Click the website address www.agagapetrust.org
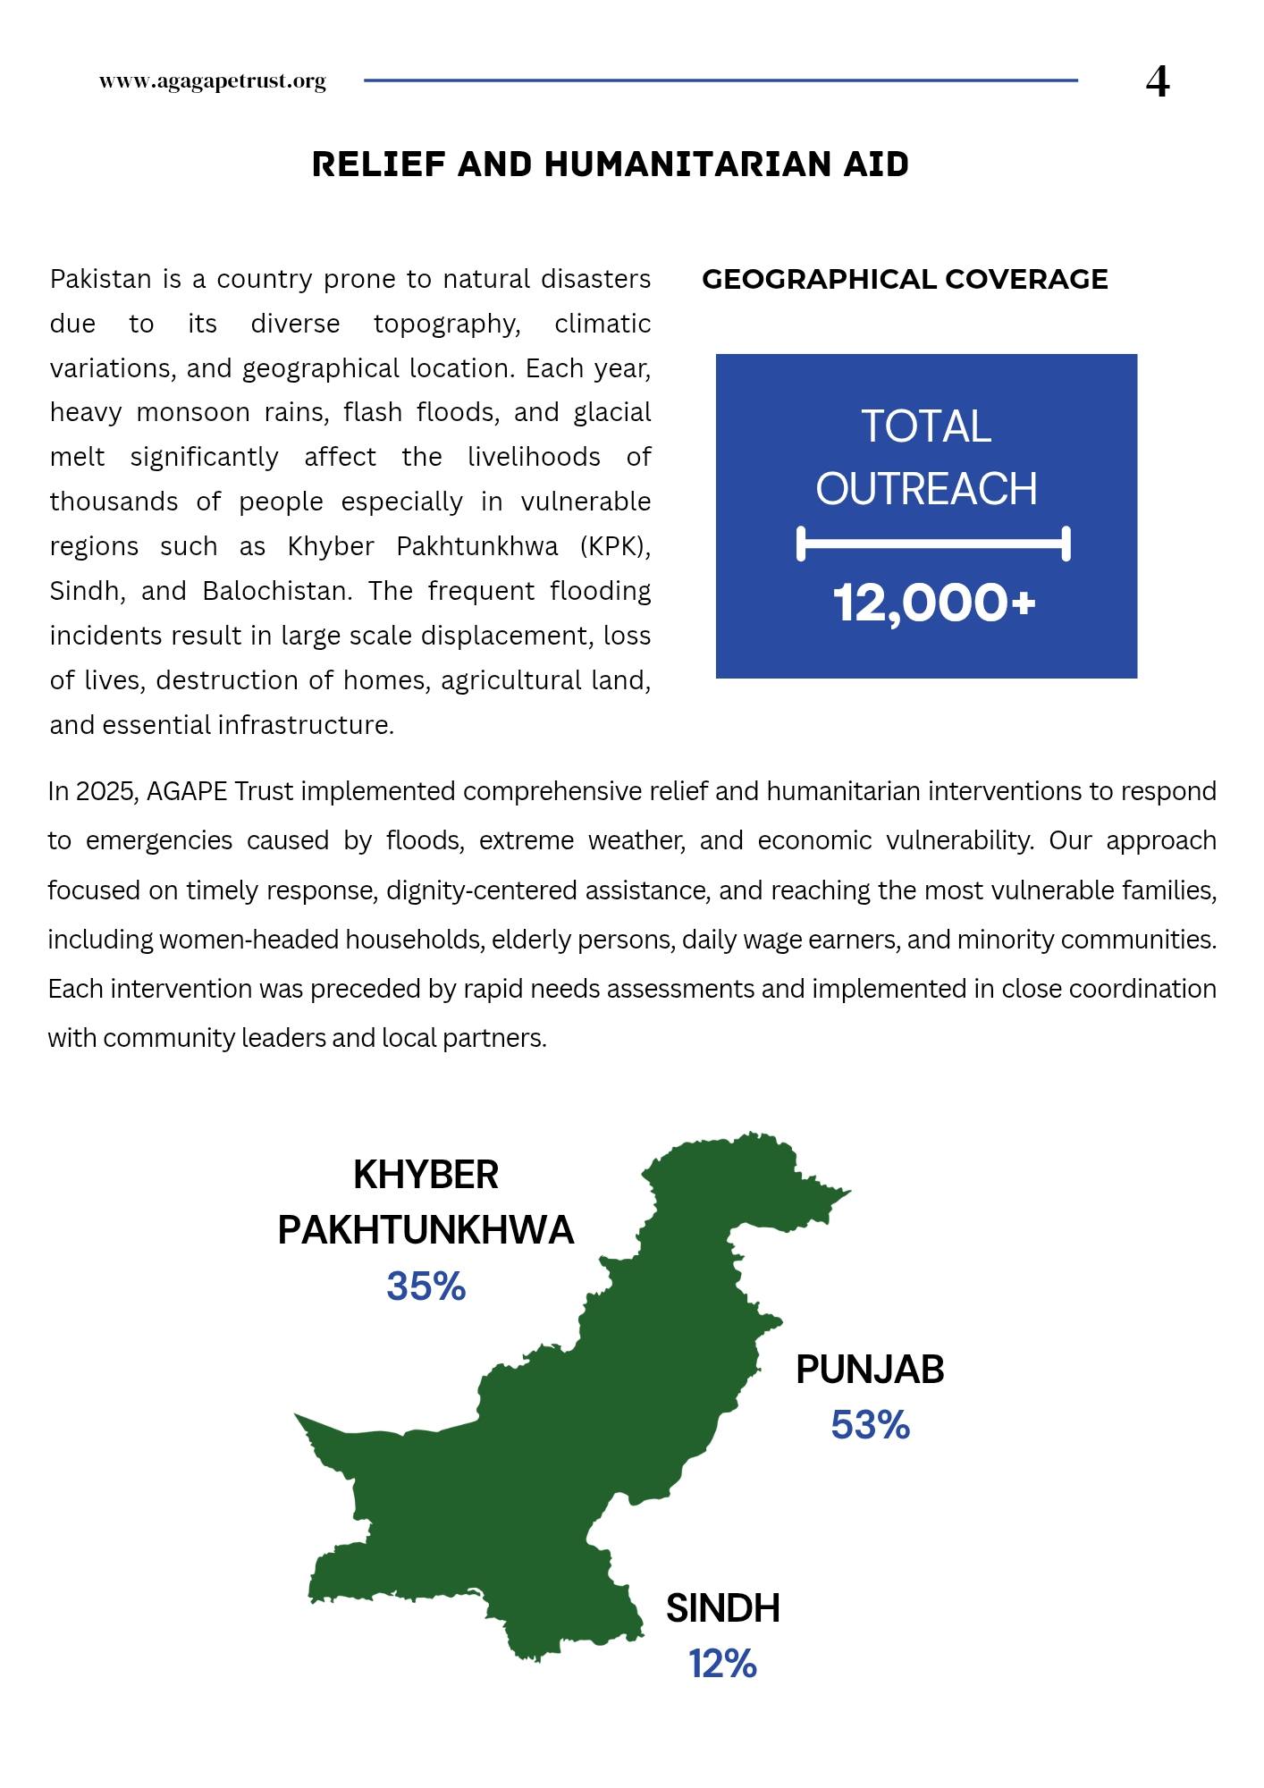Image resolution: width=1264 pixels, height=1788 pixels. click(x=212, y=81)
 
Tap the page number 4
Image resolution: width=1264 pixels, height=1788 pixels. click(x=1157, y=82)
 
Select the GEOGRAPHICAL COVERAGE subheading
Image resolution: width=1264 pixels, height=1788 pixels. click(x=905, y=279)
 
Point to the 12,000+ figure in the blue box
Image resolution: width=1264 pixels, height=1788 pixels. click(x=933, y=603)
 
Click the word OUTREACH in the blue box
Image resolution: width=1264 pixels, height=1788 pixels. click(x=926, y=489)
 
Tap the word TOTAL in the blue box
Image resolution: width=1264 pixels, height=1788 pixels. click(x=926, y=426)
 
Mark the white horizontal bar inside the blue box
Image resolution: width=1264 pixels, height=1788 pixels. click(x=933, y=544)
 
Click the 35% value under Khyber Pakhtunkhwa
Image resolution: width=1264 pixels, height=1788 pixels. click(x=426, y=1286)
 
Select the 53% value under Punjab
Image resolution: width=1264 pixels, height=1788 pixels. click(x=870, y=1425)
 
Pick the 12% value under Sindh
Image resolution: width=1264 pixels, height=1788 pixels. click(x=722, y=1665)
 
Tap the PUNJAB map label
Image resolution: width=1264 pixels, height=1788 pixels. click(x=870, y=1370)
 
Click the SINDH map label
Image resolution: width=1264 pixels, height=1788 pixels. click(x=722, y=1608)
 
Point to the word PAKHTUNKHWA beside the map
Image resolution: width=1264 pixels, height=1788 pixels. click(x=426, y=1230)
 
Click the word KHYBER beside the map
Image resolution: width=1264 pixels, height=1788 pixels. click(x=426, y=1175)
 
